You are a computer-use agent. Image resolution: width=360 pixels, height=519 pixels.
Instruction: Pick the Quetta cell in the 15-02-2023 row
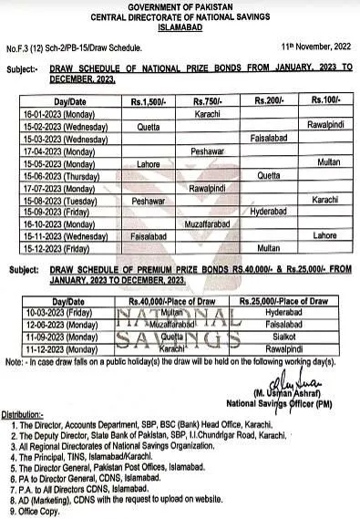pos(150,128)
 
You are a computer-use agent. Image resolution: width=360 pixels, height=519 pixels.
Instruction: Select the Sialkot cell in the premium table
pos(274,335)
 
